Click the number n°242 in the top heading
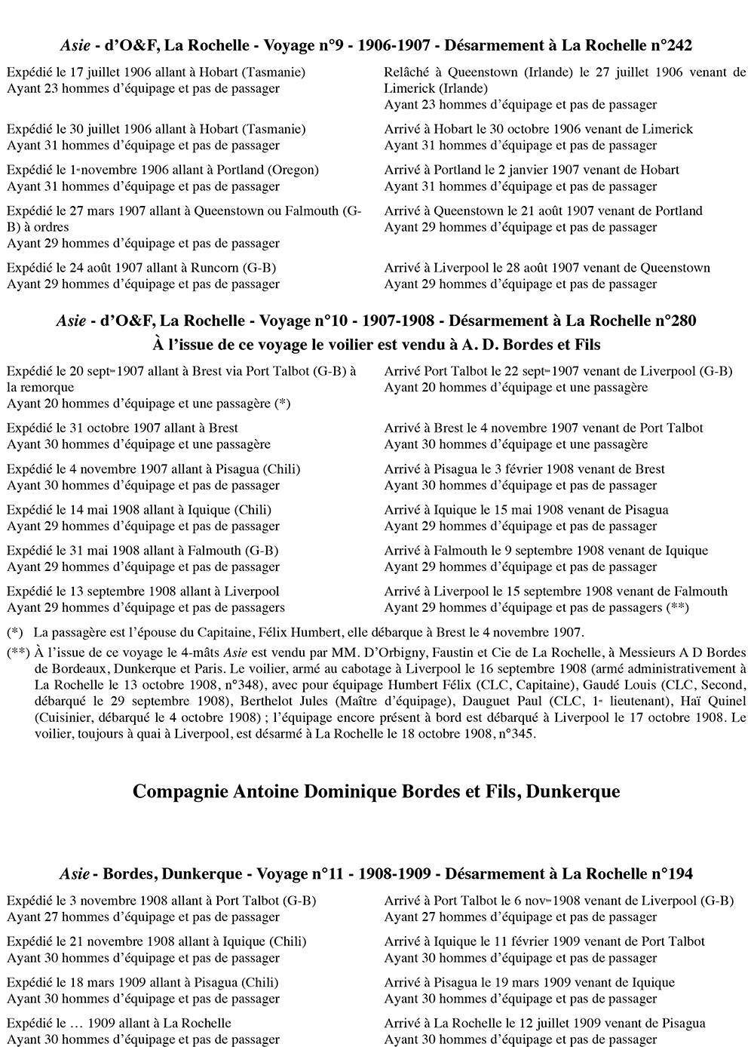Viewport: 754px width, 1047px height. point(670,46)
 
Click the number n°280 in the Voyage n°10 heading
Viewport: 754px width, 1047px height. point(674,321)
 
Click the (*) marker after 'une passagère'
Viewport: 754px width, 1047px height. point(283,404)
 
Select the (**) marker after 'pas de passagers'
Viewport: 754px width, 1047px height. point(677,608)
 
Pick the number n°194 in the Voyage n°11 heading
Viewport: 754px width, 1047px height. point(671,874)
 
